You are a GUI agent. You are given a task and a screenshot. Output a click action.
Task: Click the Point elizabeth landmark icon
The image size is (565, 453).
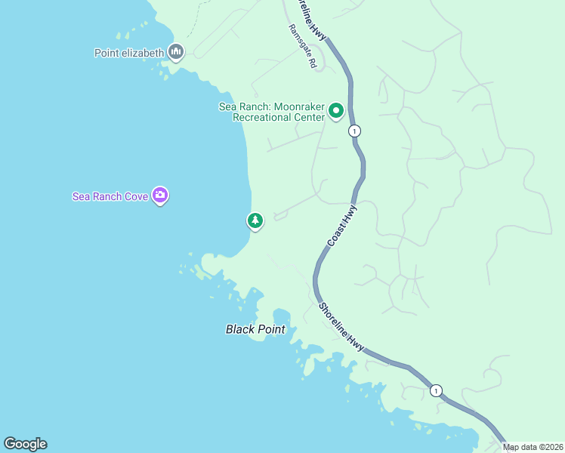(176, 52)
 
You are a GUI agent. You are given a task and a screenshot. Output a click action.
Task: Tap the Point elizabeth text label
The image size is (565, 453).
(129, 53)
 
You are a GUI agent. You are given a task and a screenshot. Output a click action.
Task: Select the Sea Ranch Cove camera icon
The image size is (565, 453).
(159, 196)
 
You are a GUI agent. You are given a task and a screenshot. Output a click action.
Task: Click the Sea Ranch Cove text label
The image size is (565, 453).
(110, 196)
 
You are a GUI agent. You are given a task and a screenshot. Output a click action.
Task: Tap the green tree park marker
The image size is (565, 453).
(255, 220)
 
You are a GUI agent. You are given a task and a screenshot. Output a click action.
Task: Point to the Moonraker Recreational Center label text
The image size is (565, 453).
(272, 112)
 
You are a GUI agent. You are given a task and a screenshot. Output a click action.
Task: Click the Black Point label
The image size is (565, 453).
(255, 329)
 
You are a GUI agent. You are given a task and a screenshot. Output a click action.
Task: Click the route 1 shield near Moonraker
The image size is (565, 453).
(354, 131)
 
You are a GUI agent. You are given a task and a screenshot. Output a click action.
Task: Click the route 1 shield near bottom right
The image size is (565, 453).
(436, 390)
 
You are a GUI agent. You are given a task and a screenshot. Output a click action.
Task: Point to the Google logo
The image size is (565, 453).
(25, 444)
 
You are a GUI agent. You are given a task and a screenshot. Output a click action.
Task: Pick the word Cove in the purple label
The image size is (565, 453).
(136, 196)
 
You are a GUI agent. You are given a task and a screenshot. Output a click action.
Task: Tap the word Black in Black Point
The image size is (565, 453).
(241, 329)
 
